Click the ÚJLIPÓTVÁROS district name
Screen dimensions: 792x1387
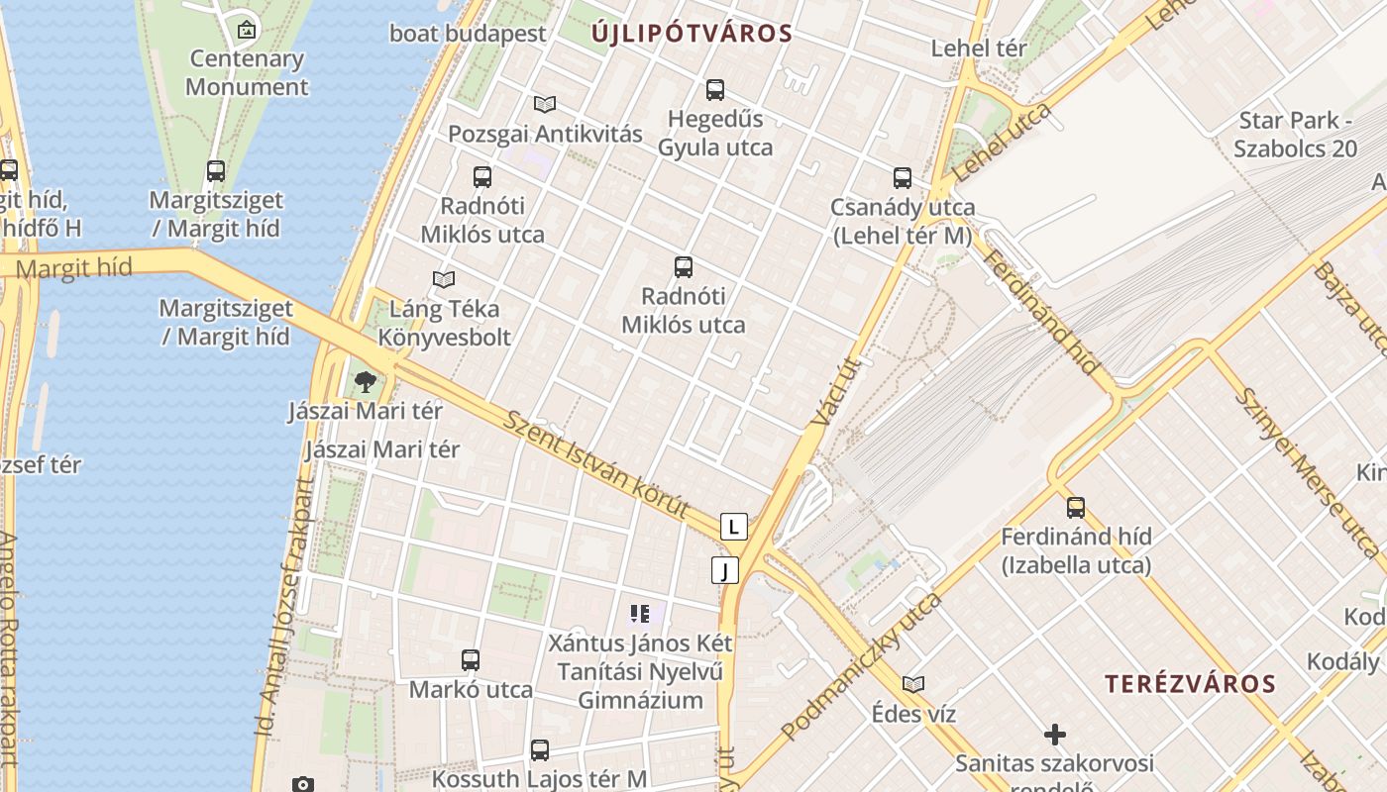[693, 34]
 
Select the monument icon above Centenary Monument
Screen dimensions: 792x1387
[247, 30]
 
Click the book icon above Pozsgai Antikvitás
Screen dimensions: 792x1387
[544, 104]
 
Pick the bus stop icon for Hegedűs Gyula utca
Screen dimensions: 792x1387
[715, 90]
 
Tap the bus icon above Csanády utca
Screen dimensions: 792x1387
[903, 178]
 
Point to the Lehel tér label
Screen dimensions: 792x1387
[979, 48]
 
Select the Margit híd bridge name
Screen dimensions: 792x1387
[74, 268]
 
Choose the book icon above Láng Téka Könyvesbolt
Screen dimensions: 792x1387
[444, 280]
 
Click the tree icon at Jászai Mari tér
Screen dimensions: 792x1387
[366, 381]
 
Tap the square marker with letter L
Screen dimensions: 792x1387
[733, 527]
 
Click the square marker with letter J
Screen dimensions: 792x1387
[725, 570]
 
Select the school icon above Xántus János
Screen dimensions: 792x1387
[640, 614]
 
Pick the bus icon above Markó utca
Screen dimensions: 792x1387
[471, 660]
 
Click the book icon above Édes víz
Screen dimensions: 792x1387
[913, 684]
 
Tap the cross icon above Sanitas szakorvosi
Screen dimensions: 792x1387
[1055, 735]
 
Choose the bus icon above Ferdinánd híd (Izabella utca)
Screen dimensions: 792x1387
[1076, 508]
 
